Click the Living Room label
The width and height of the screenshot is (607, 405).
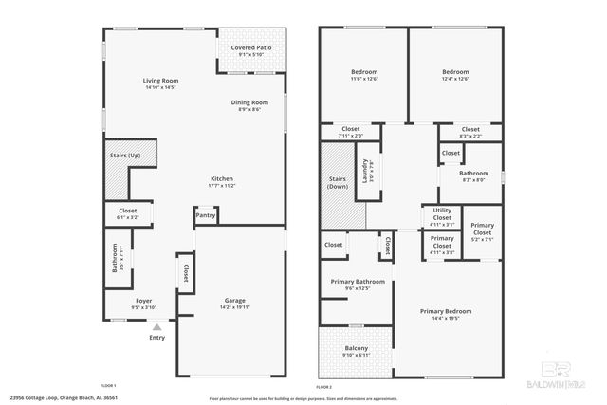[160, 81]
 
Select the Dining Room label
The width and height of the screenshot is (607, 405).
[249, 102]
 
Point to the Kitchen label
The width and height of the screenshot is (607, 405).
[222, 178]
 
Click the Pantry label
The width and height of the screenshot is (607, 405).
[206, 215]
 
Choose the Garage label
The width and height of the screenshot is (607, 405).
[235, 300]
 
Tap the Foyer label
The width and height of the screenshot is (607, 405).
[143, 301]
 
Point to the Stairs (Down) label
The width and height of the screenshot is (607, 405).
[338, 182]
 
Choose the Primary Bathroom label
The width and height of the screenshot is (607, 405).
[357, 282]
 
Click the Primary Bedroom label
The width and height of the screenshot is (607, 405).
[446, 311]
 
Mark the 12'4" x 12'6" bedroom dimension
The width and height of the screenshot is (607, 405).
[455, 79]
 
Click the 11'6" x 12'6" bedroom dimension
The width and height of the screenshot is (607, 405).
[364, 79]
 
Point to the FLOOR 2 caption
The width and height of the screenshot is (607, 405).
[325, 387]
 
